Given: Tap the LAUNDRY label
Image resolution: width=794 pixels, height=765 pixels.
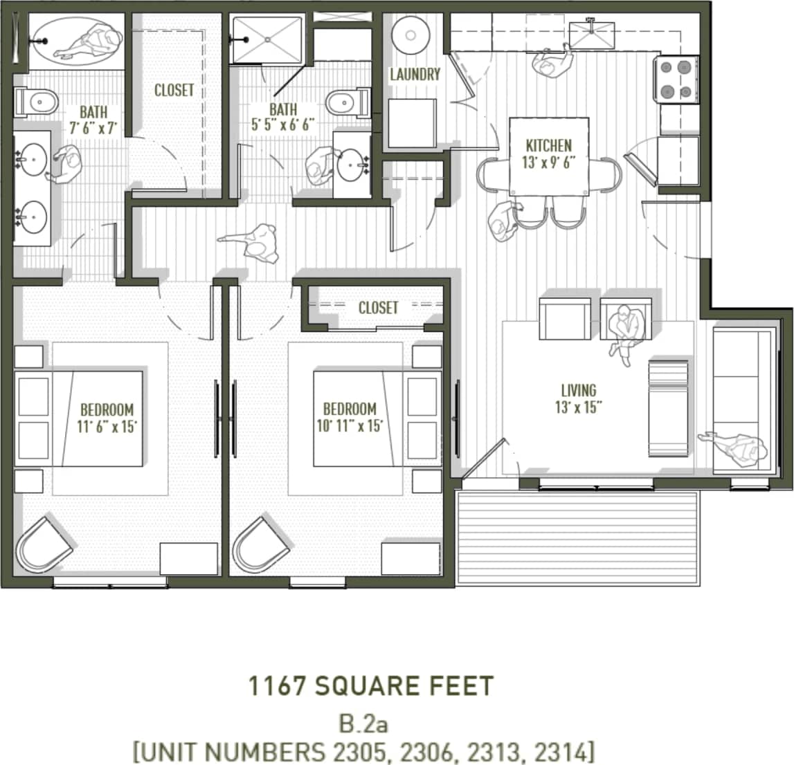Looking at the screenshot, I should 415,75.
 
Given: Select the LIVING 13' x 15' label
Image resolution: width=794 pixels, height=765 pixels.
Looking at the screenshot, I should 578,398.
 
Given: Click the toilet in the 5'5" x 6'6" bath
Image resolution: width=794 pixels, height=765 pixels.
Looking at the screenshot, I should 348,103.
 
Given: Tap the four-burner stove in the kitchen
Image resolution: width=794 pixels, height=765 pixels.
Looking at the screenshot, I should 676,80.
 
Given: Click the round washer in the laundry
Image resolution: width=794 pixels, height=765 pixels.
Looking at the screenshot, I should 412,34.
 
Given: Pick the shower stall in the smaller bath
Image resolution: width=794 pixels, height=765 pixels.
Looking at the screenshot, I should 267,40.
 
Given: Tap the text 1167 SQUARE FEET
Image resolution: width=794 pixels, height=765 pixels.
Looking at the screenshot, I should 371,686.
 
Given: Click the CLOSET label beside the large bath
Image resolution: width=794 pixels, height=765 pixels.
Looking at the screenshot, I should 174,91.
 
